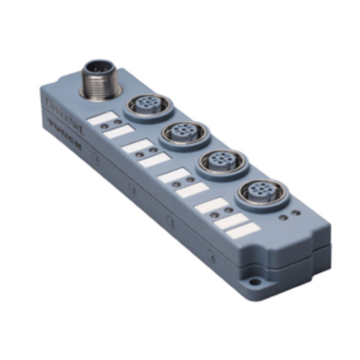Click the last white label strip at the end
(x=245, y=230)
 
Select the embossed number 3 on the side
(x=170, y=218)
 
